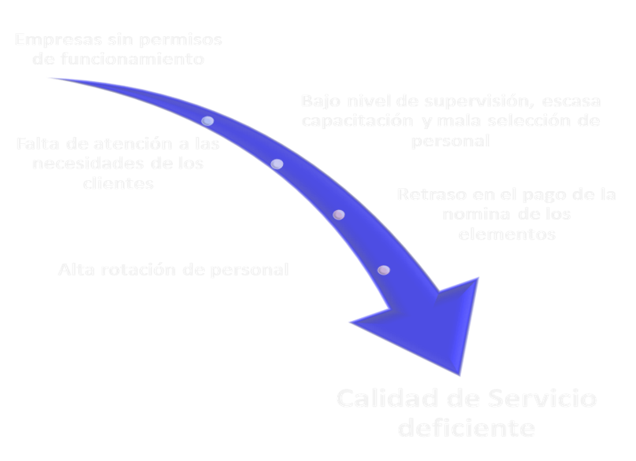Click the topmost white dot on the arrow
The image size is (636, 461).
[208, 121]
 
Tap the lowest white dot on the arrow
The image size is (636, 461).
[384, 270]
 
